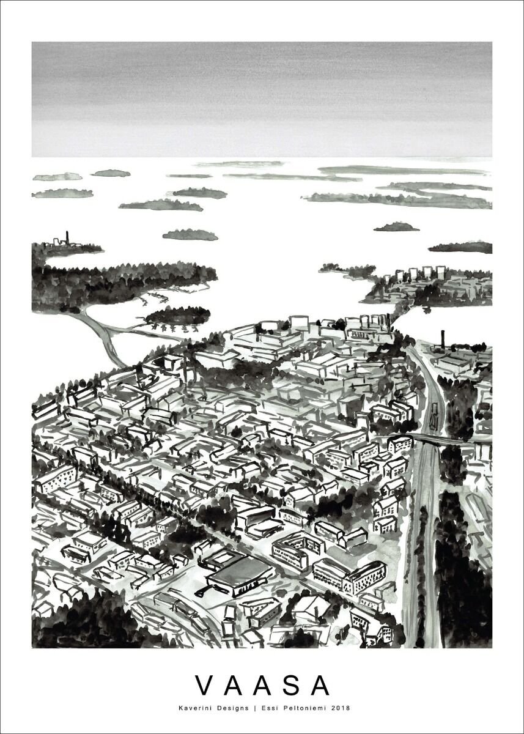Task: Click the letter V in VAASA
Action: [204, 686]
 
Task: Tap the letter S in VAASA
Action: [293, 686]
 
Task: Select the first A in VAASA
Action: [234, 686]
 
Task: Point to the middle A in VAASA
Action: [264, 686]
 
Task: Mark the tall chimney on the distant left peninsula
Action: [68, 237]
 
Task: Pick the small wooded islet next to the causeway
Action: [177, 315]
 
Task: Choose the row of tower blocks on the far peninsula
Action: [422, 273]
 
